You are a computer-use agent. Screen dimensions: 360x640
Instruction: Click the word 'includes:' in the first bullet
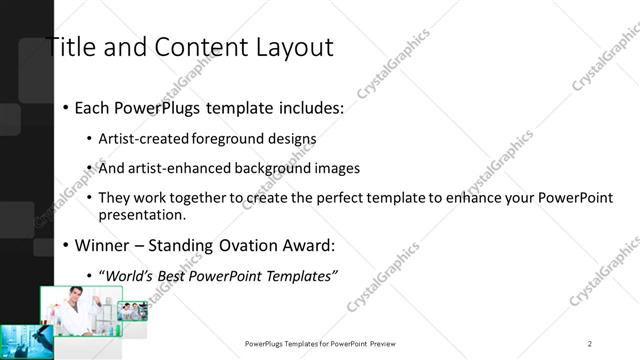coord(306,107)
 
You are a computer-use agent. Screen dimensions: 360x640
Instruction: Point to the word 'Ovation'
coord(236,244)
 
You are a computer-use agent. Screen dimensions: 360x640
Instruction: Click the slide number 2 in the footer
coord(590,343)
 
